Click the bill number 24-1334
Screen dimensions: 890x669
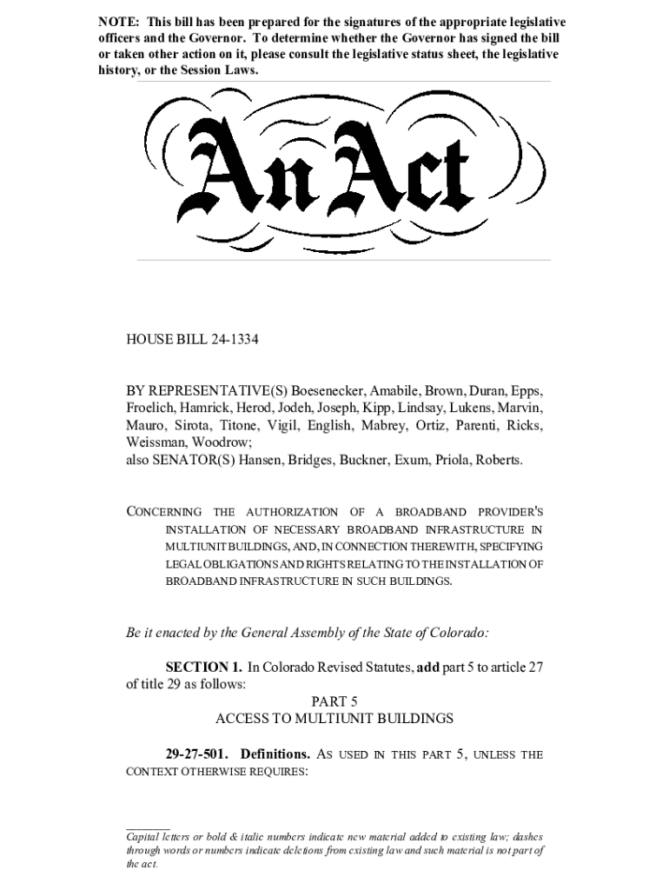(235, 340)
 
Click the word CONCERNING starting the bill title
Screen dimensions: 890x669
(164, 512)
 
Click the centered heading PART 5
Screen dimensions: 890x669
(334, 701)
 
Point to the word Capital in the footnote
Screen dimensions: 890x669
(145, 837)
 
